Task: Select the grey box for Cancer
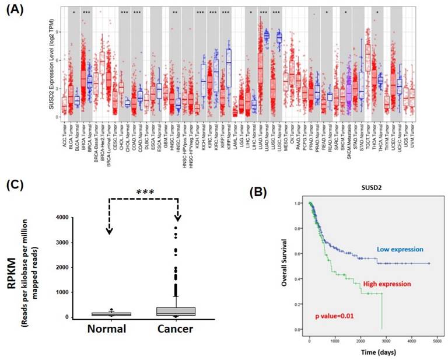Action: [177, 310]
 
